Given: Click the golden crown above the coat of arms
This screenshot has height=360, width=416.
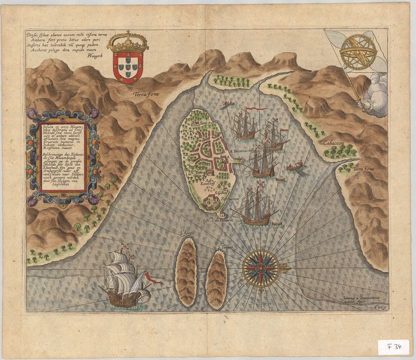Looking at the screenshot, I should pyautogui.click(x=127, y=42).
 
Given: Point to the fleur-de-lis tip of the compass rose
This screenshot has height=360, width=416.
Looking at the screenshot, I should pyautogui.click(x=284, y=268).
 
